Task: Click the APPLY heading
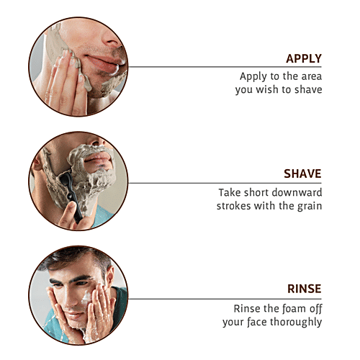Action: tap(303, 58)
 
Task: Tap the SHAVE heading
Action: tap(302, 174)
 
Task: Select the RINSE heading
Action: tap(304, 289)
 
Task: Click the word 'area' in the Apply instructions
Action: tap(309, 76)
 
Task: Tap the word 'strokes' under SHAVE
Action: tap(233, 206)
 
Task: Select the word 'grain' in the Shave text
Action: tap(308, 206)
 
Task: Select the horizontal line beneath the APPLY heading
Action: tap(223, 67)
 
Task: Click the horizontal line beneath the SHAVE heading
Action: tap(223, 183)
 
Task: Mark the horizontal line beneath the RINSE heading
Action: tap(223, 298)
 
